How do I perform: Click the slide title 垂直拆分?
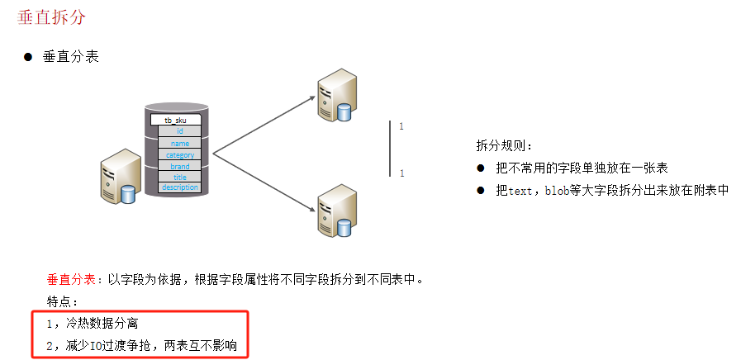[x=51, y=17]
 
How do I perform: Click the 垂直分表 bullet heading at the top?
[x=71, y=57]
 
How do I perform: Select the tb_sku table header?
[x=175, y=121]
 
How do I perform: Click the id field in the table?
[x=179, y=131]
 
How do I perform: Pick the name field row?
[x=179, y=143]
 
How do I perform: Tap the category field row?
[x=179, y=154]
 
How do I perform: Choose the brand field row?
[x=179, y=166]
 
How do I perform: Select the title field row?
[x=179, y=177]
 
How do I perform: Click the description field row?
[x=179, y=187]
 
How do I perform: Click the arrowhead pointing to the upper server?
[x=313, y=97]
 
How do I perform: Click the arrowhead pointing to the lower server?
[x=313, y=210]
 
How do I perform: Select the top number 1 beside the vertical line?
[x=401, y=126]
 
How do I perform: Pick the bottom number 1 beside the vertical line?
[x=401, y=173]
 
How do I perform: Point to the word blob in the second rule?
[x=558, y=190]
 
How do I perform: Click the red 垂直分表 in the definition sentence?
[x=71, y=278]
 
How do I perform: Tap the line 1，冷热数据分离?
[x=97, y=323]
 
